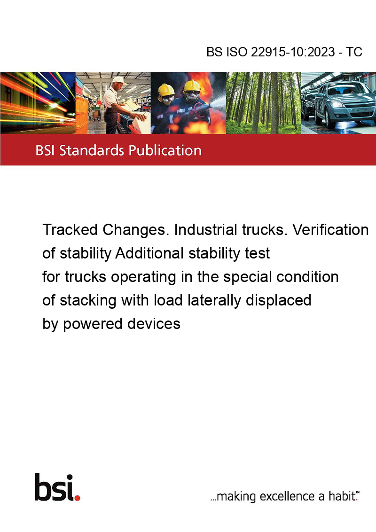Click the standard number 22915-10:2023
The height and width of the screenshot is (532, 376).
click(x=293, y=52)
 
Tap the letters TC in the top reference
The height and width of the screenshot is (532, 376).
click(x=354, y=52)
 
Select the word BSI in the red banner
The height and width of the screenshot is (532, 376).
click(x=46, y=150)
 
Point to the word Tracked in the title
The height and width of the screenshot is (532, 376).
click(x=70, y=230)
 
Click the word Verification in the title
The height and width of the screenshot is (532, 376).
click(x=330, y=230)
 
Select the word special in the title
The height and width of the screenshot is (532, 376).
click(x=247, y=277)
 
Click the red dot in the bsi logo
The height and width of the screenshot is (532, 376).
click(x=78, y=498)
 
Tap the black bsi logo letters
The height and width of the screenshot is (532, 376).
click(x=55, y=487)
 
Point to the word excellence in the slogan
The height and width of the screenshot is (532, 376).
click(x=288, y=496)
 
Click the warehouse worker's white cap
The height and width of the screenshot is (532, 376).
click(x=119, y=80)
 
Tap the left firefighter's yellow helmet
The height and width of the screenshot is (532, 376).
click(x=166, y=90)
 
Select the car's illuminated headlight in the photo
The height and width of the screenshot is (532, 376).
click(x=337, y=104)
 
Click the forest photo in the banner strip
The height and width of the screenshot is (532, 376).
click(x=263, y=103)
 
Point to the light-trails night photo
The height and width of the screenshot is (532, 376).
click(x=38, y=103)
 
